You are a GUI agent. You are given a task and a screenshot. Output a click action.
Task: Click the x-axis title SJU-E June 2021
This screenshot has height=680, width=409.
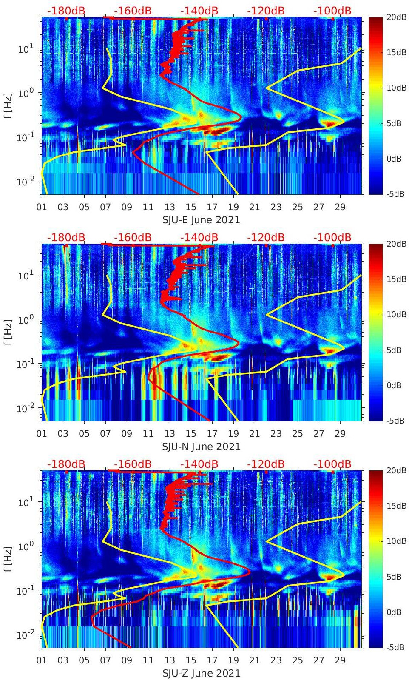[x=201, y=220]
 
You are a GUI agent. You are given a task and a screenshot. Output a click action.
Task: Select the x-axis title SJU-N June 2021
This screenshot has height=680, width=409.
[x=201, y=447]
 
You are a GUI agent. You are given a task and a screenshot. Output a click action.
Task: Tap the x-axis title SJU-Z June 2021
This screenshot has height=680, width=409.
[x=201, y=673]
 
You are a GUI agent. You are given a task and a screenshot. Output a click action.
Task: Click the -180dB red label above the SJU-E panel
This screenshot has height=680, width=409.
[x=66, y=11]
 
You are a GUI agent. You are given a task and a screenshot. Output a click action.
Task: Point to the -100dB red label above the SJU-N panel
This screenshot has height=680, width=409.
[x=332, y=237]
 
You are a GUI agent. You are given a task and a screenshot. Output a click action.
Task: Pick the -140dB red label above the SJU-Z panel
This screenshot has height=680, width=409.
[x=199, y=464]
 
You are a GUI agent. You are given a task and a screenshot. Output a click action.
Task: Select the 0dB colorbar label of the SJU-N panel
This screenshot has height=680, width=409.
[x=394, y=385]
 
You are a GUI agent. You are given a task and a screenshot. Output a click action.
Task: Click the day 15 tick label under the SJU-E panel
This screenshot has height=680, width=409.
[x=191, y=207]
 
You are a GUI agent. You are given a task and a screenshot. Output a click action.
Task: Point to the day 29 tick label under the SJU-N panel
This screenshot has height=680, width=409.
[x=340, y=434]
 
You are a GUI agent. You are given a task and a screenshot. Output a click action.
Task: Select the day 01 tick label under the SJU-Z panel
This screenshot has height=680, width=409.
[x=42, y=660]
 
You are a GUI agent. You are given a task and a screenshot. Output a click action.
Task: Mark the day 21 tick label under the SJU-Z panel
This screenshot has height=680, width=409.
[x=255, y=660]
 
